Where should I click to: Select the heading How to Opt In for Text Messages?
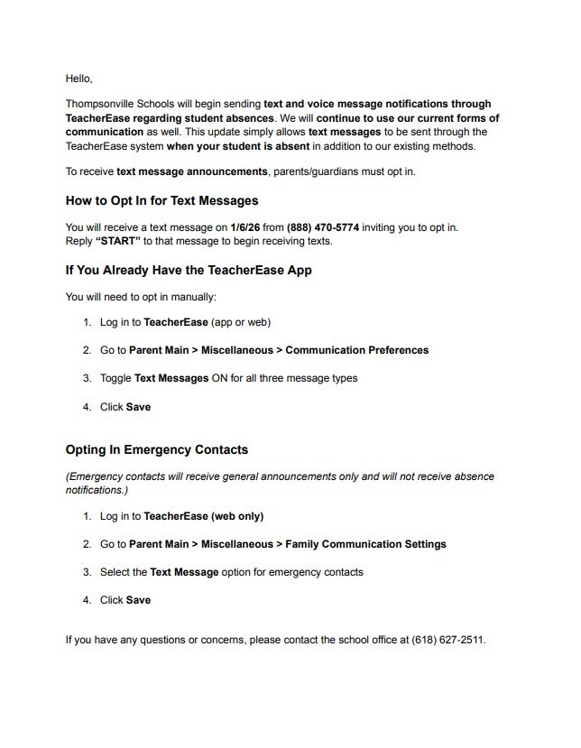161,200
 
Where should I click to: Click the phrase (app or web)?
242,322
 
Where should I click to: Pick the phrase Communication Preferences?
356,350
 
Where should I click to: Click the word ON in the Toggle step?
221,378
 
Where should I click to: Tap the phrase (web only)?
237,517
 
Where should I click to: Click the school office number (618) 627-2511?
448,640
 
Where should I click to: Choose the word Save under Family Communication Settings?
138,600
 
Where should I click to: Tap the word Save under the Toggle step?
138,407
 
